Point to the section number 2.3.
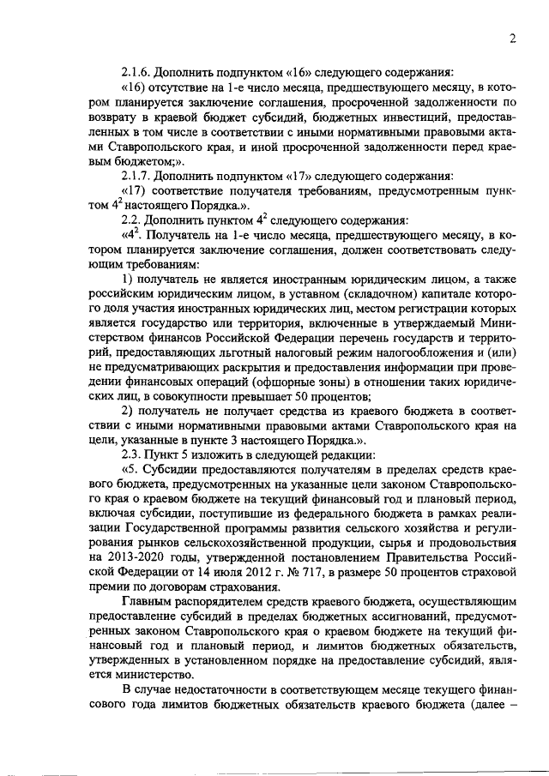132,455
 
